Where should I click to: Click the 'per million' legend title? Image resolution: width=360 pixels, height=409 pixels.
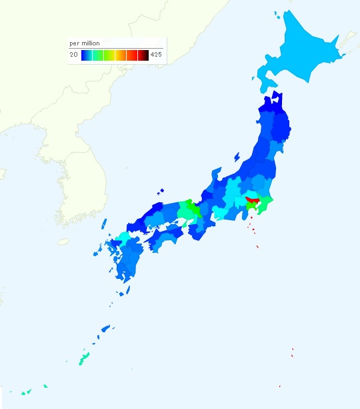click(85, 43)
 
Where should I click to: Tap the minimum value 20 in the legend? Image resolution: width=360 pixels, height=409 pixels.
click(73, 55)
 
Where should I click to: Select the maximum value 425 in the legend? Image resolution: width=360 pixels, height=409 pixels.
click(156, 55)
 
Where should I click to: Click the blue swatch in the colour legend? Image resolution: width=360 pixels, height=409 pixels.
click(87, 55)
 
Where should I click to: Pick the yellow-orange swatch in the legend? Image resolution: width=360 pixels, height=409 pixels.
click(121, 55)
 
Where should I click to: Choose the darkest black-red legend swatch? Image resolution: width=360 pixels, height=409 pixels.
click(143, 55)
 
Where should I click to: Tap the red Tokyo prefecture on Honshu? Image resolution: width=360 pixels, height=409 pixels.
click(253, 199)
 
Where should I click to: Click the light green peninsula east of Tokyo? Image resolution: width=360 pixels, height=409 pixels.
click(265, 203)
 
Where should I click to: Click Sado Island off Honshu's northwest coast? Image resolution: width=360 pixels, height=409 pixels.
click(237, 157)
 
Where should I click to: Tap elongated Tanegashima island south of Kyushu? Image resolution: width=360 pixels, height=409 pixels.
click(127, 290)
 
